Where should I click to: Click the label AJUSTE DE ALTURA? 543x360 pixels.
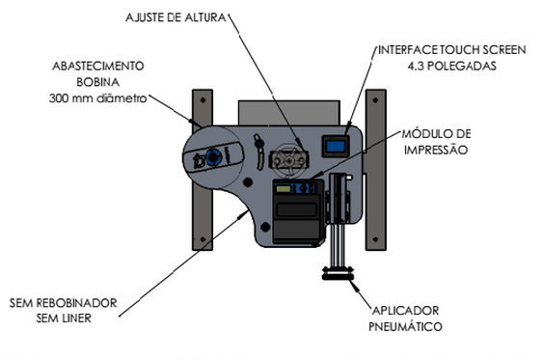tap(176, 17)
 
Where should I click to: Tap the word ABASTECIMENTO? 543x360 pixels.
tap(98, 66)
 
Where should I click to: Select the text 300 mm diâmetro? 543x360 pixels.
tap(98, 98)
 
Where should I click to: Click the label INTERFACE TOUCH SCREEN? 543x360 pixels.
tap(452, 50)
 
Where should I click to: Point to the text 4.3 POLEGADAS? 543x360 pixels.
tap(452, 66)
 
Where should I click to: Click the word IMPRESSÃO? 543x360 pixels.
tap(436, 150)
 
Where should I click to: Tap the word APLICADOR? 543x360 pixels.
tap(405, 311)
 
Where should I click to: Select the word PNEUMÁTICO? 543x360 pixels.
tap(405, 326)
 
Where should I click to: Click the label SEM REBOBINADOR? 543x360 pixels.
tap(63, 303)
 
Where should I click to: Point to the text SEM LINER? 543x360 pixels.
tap(64, 318)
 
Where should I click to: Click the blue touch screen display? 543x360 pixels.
tap(336, 146)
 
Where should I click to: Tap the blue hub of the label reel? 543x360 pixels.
tap(212, 157)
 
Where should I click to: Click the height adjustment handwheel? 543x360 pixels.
tap(288, 160)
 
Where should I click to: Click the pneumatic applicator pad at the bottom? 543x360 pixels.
tap(338, 273)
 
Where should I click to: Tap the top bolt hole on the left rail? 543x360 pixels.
tap(203, 100)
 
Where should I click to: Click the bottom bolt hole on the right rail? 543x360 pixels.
tap(375, 239)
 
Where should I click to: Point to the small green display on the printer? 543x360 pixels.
tap(284, 189)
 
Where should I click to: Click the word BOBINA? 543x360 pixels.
tap(98, 82)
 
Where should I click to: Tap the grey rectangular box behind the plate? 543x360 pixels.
tap(289, 113)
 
